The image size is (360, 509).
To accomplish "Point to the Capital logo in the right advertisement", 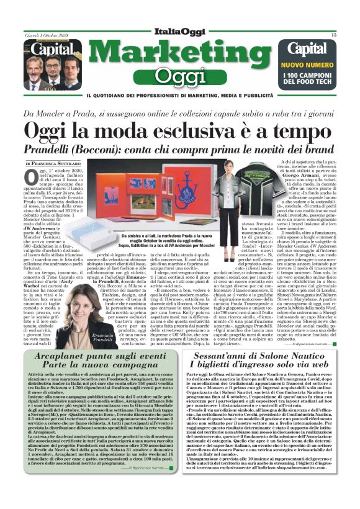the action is click(311, 48).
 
